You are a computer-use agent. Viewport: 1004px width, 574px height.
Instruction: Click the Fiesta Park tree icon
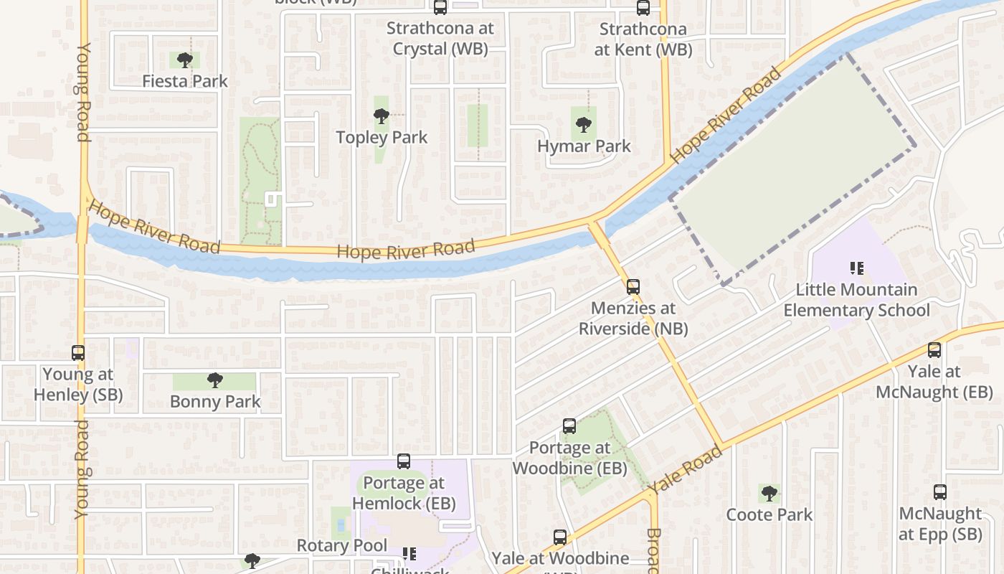pyautogui.click(x=185, y=60)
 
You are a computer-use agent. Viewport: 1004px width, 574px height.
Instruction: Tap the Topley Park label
pyautogui.click(x=382, y=137)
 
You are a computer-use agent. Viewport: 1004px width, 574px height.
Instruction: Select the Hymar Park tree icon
pyautogui.click(x=584, y=125)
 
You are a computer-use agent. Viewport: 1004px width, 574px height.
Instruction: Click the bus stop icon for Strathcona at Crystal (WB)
pyautogui.click(x=440, y=8)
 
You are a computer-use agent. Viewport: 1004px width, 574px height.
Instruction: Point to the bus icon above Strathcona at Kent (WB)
pyautogui.click(x=643, y=8)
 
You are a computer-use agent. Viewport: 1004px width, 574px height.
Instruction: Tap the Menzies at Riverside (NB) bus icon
pyautogui.click(x=633, y=287)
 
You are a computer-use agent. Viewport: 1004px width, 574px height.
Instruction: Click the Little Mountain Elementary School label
pyautogui.click(x=856, y=300)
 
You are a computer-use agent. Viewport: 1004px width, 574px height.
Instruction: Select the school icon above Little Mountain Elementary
pyautogui.click(x=856, y=268)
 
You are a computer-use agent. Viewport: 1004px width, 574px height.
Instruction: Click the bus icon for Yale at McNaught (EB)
pyautogui.click(x=934, y=350)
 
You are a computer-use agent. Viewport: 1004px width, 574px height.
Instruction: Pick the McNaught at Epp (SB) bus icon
pyautogui.click(x=940, y=492)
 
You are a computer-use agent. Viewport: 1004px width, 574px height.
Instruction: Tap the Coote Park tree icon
pyautogui.click(x=769, y=494)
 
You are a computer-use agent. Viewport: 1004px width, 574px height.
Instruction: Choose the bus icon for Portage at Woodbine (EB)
pyautogui.click(x=569, y=426)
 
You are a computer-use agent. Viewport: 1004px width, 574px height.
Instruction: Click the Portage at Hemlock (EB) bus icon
pyautogui.click(x=404, y=461)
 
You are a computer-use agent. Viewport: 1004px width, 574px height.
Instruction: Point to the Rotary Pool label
pyautogui.click(x=342, y=545)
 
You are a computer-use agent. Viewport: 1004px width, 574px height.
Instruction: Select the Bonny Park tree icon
pyautogui.click(x=214, y=380)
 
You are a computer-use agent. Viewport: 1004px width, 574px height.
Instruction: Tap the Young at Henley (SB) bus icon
pyautogui.click(x=78, y=353)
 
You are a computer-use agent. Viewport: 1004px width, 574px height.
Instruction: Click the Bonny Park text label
pyautogui.click(x=215, y=401)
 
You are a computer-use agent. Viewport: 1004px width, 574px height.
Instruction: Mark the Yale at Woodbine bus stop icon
pyautogui.click(x=560, y=537)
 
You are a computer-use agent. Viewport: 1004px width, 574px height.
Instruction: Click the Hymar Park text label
pyautogui.click(x=584, y=146)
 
